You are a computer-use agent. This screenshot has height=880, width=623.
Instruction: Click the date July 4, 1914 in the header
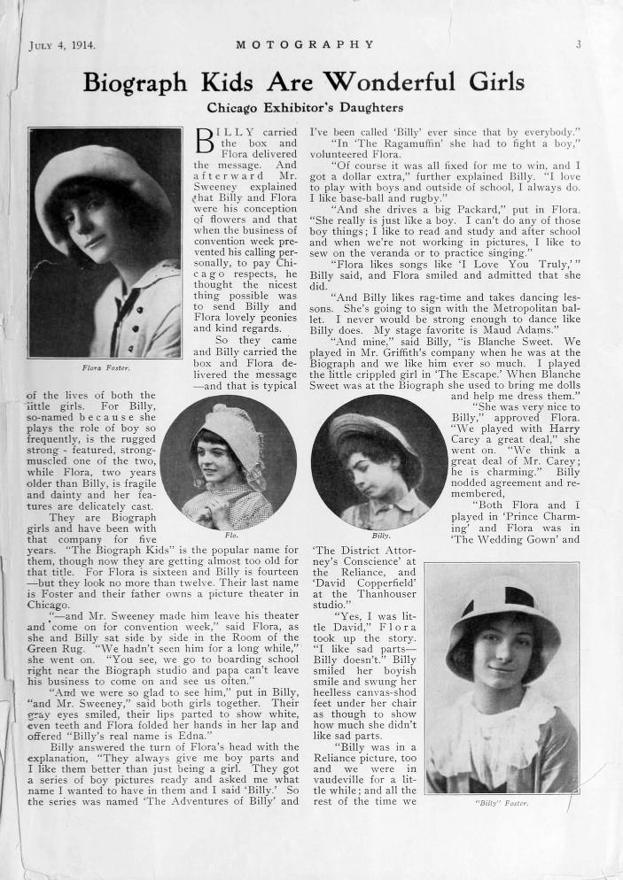pyautogui.click(x=62, y=44)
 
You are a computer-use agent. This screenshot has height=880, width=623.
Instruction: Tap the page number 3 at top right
pyautogui.click(x=577, y=44)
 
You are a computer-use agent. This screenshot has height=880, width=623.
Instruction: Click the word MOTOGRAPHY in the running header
pyautogui.click(x=305, y=44)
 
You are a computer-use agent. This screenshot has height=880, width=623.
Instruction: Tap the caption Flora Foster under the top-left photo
pyautogui.click(x=105, y=367)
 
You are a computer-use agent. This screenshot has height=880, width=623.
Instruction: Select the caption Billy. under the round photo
pyautogui.click(x=381, y=536)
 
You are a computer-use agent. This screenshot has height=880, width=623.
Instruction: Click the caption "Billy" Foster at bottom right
pyautogui.click(x=502, y=803)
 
